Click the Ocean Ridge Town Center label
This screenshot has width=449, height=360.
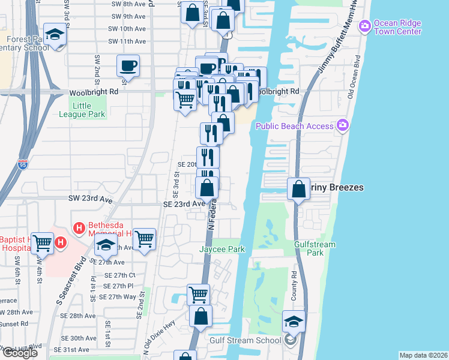(397, 27)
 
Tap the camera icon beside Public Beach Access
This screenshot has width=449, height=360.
(343, 125)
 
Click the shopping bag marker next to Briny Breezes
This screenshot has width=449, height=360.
(298, 189)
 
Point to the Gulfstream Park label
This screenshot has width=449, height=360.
(315, 248)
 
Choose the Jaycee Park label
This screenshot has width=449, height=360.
(223, 249)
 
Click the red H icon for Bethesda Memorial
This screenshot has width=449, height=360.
(77, 228)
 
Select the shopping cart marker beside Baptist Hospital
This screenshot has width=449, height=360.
(43, 243)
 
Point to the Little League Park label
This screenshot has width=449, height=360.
(86, 110)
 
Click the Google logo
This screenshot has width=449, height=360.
(20, 353)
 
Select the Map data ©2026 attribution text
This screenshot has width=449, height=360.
(423, 355)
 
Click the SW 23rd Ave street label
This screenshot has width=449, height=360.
(91, 198)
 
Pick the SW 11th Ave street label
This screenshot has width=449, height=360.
(127, 41)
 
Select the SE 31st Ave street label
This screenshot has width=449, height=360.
(71, 349)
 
